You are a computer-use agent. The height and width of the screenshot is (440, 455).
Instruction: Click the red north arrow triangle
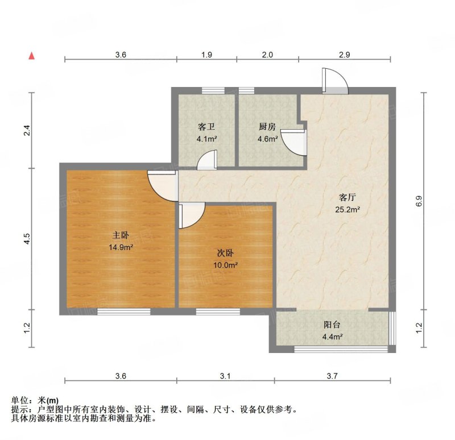(32, 56)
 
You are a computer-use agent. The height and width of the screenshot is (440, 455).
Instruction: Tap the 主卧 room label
(121, 235)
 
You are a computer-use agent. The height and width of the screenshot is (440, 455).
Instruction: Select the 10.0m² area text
(226, 265)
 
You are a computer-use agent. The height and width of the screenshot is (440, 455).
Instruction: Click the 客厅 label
(348, 197)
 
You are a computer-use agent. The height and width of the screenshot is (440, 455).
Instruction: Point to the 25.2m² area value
(348, 209)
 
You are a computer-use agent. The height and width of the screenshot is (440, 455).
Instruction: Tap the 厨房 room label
(267, 127)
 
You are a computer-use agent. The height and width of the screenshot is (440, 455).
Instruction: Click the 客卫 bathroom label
(206, 127)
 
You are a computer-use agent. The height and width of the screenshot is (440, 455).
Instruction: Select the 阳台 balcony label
(332, 325)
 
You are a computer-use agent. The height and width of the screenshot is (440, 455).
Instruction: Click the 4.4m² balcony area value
(333, 337)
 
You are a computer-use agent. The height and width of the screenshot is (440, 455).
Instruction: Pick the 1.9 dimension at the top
(206, 55)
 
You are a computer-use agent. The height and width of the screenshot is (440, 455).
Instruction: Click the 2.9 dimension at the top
(345, 55)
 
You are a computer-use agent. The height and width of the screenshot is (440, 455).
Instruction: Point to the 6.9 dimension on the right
(419, 201)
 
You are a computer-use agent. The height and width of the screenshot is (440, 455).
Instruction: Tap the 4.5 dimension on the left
(27, 239)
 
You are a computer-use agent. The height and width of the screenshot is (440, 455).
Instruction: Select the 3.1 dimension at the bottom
(225, 376)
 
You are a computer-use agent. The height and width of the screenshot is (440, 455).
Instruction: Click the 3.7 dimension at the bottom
(332, 376)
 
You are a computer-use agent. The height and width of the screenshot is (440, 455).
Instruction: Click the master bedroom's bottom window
(123, 312)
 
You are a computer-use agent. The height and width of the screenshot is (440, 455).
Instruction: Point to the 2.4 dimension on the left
(27, 130)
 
